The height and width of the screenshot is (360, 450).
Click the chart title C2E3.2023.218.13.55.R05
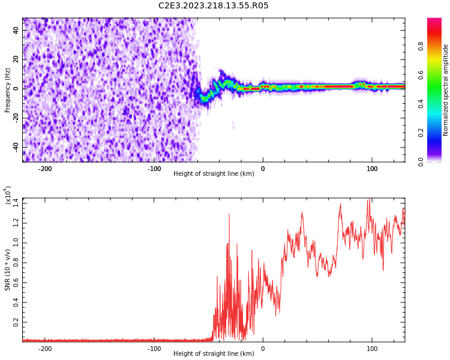click(x=213, y=6)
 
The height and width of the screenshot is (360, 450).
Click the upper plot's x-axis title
click(x=214, y=173)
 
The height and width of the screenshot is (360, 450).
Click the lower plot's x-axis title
click(x=214, y=353)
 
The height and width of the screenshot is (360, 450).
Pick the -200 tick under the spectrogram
click(x=44, y=168)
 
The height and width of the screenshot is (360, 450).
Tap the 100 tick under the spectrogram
click(x=372, y=168)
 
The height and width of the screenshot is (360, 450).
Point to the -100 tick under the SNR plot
click(x=154, y=348)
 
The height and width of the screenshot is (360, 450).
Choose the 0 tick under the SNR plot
click(x=263, y=348)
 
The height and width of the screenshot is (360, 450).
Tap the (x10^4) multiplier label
click(x=8, y=196)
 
